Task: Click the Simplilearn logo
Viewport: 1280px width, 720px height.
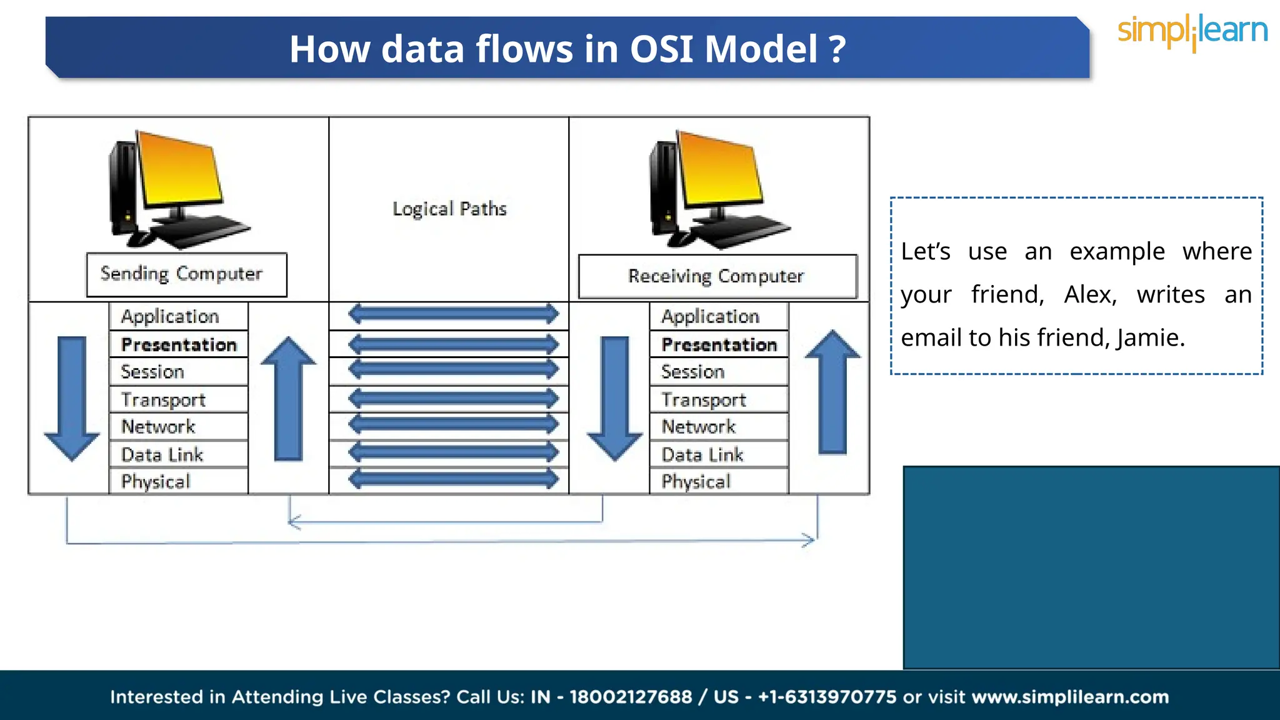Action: [1192, 32]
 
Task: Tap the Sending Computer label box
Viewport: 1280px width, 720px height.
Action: [186, 274]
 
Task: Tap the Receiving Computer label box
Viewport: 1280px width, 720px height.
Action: [717, 276]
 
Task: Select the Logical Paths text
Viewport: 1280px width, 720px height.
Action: [449, 209]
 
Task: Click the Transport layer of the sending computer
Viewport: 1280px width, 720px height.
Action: [177, 400]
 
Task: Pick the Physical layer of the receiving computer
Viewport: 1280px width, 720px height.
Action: [718, 481]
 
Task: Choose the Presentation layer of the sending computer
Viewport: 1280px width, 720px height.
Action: [179, 344]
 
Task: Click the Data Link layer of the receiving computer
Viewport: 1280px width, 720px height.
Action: [718, 454]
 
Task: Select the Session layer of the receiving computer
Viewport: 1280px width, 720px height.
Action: [718, 372]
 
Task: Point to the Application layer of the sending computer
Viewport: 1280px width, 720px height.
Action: [177, 316]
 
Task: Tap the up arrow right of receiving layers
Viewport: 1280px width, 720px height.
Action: [832, 391]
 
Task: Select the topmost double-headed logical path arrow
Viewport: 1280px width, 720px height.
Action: [453, 314]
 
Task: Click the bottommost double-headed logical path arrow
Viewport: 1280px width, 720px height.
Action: [453, 479]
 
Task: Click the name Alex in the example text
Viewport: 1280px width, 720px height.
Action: [1090, 294]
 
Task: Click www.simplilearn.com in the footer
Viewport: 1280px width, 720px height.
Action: [1070, 697]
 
